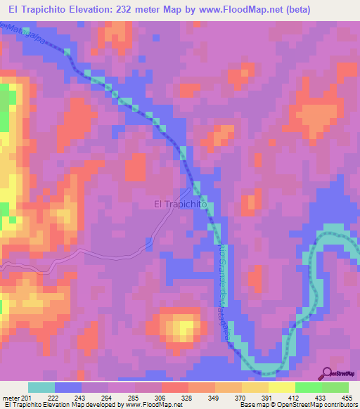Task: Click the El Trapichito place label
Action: click(x=179, y=205)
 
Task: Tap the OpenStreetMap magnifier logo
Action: click(x=327, y=375)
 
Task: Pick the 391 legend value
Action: click(x=267, y=398)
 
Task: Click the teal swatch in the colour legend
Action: click(x=41, y=387)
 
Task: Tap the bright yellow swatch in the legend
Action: click(x=281, y=387)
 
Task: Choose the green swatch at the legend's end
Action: click(x=335, y=387)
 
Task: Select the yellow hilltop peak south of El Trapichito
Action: click(x=184, y=327)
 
